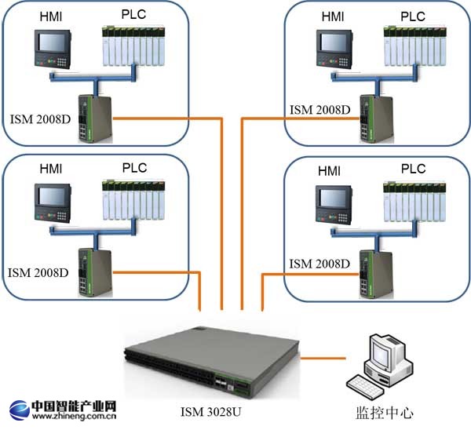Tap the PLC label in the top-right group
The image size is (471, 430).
(413, 15)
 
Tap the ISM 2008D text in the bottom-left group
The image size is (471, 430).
(38, 273)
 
